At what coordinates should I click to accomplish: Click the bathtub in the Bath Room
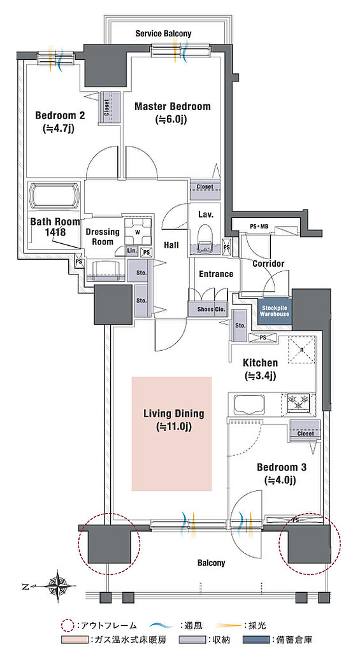pos(54,195)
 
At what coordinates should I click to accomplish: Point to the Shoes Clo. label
pos(208,309)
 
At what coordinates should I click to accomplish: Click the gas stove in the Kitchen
pos(298,402)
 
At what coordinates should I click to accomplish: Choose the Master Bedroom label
pos(172,107)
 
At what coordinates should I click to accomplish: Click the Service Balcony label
pos(163,34)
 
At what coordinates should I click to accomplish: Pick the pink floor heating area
pos(172,434)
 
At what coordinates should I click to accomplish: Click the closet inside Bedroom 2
pos(110,107)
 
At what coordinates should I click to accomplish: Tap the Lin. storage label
pos(132,251)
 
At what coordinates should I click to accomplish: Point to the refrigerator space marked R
pos(302,350)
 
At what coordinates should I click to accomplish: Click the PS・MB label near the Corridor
pos(259,227)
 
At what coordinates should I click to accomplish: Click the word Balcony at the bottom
pos(211,563)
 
